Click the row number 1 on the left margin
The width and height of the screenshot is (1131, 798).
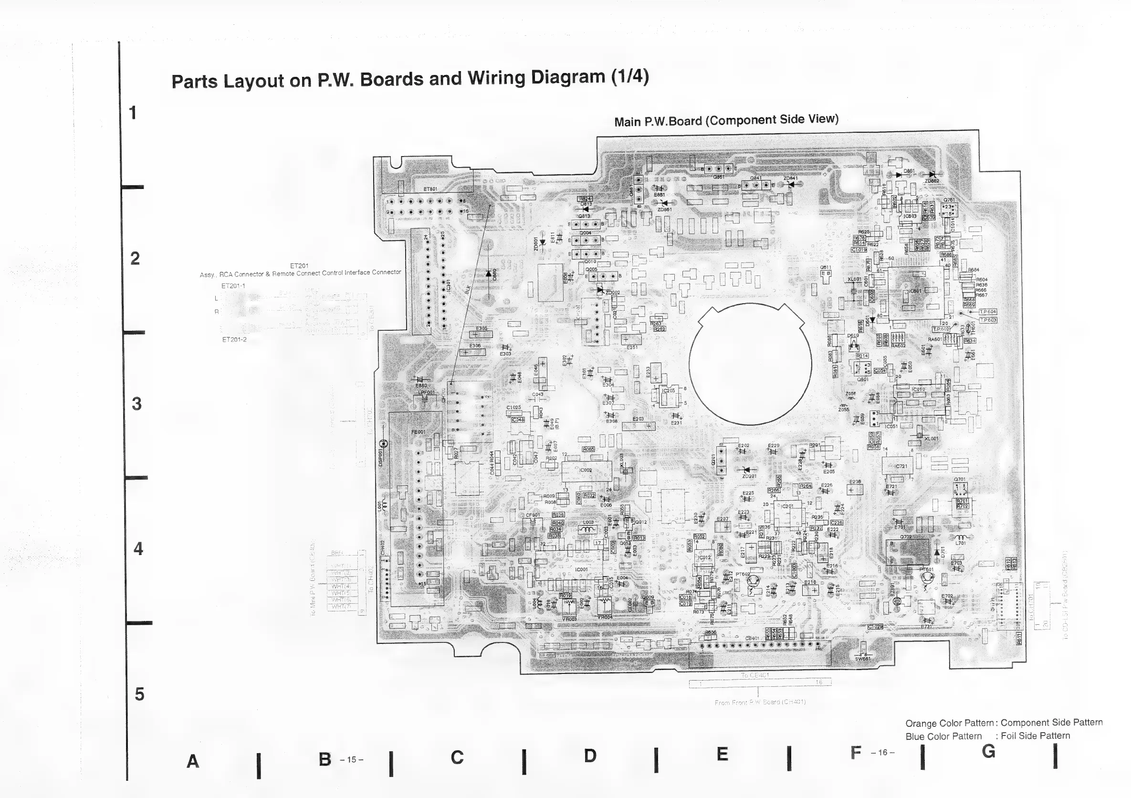pos(133,113)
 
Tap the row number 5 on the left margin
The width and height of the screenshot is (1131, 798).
pos(139,694)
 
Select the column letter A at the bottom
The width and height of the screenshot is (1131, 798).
pos(193,761)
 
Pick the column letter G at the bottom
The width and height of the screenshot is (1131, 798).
pos(988,751)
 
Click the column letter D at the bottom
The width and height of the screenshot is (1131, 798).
pos(590,755)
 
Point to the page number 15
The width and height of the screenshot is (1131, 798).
pos(351,759)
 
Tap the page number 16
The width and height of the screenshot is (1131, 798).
pos(882,752)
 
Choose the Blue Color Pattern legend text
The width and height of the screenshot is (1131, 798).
pos(943,736)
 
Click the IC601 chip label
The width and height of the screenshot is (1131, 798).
pos(915,291)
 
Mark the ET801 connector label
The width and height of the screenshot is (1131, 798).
pos(430,189)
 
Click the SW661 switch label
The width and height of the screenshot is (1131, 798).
pos(862,659)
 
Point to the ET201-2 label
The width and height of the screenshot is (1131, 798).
pos(234,339)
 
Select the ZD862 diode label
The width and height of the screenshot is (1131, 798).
pos(932,181)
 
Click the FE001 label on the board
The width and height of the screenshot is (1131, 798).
pos(418,432)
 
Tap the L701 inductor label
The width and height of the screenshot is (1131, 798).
pos(961,543)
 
